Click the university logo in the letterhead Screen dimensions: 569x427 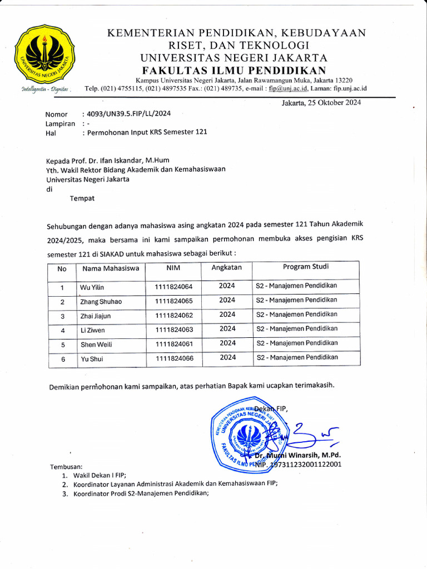click(44, 53)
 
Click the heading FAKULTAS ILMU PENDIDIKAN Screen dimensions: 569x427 click(234, 70)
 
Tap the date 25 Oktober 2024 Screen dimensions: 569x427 click(321, 103)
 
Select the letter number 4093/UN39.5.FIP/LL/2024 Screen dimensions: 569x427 click(126, 113)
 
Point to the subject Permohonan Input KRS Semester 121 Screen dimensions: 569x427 click(144, 133)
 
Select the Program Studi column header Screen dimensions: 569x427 click(305, 267)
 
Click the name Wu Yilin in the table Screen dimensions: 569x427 click(92, 287)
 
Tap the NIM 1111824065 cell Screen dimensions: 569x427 click(174, 301)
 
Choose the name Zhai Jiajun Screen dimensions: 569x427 click(96, 316)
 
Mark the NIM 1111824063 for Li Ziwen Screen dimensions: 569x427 click(174, 330)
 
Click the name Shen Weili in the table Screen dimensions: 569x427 click(96, 345)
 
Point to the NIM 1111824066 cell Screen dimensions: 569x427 click(174, 358)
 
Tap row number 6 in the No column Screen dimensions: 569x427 click(63, 360)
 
